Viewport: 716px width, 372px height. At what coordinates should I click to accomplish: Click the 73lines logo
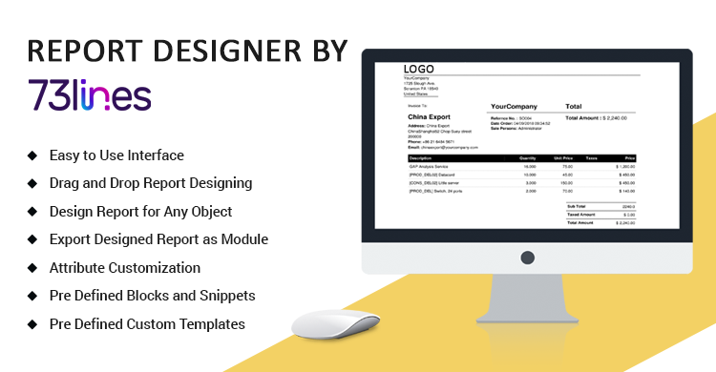tap(90, 96)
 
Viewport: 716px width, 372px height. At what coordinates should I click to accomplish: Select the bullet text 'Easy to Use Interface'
tap(116, 155)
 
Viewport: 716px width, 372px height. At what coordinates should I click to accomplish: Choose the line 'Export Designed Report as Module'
tap(158, 239)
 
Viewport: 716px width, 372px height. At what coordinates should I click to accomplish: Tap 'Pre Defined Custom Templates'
tap(147, 324)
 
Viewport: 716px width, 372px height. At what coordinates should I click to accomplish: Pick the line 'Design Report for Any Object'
tap(140, 211)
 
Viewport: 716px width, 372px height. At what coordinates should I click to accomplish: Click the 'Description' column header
tap(421, 157)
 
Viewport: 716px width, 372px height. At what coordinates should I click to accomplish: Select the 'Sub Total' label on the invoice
tap(576, 205)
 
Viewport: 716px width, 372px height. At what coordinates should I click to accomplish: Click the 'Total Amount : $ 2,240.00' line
tap(601, 118)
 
